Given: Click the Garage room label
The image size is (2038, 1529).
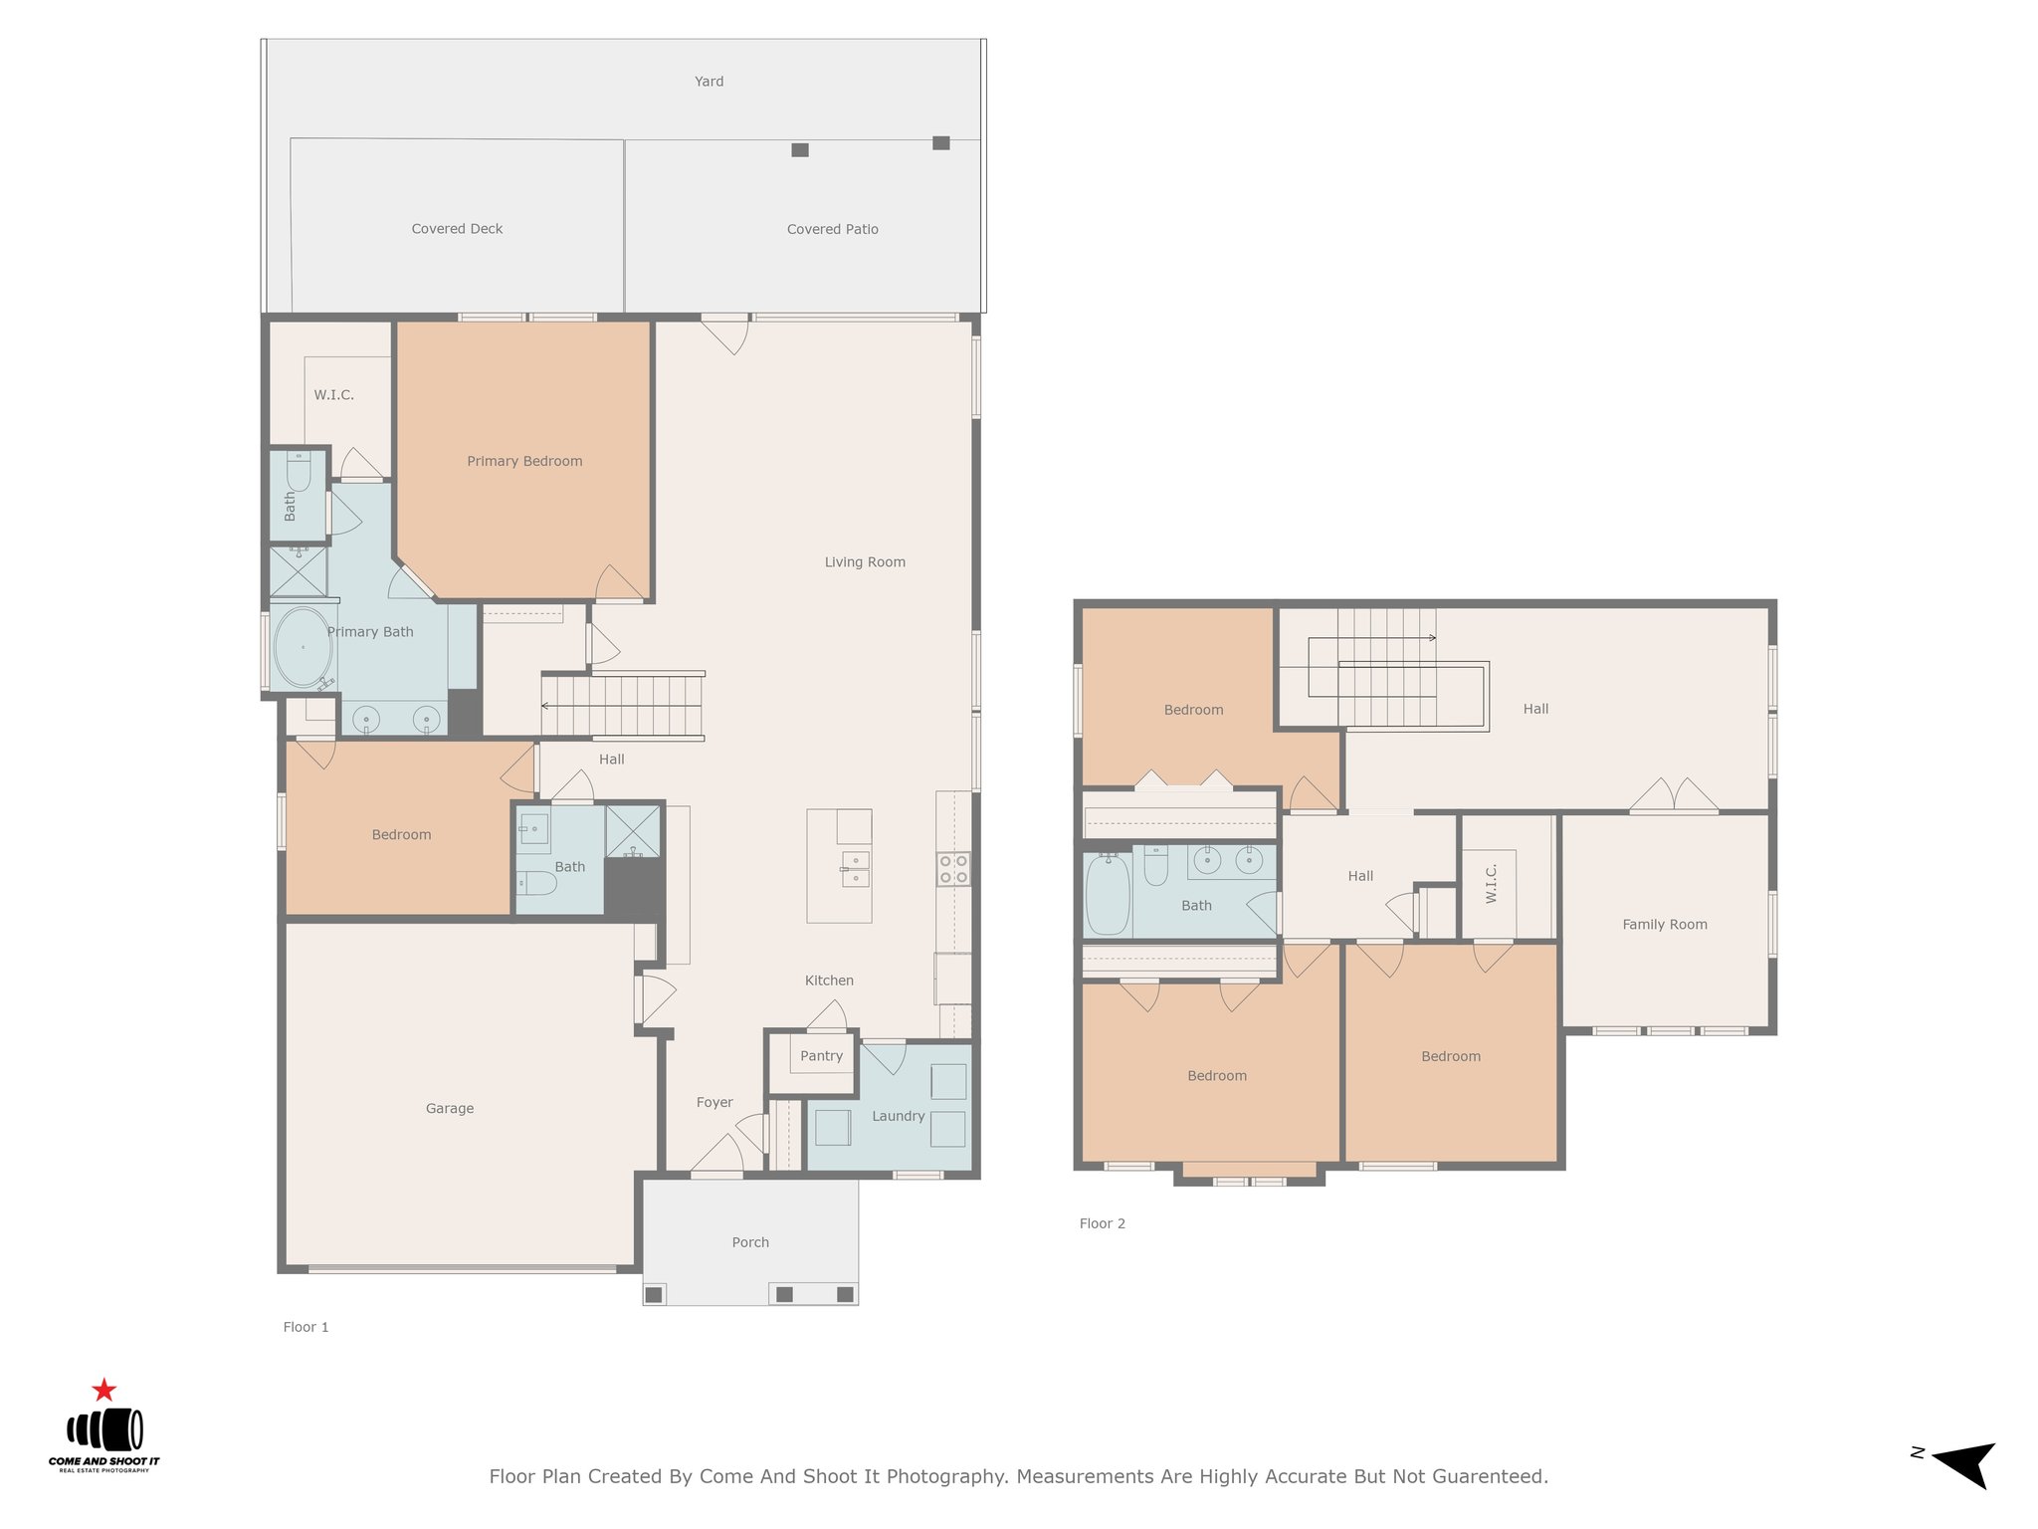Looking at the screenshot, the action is click(x=450, y=1108).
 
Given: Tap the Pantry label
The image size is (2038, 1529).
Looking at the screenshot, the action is click(x=821, y=1056).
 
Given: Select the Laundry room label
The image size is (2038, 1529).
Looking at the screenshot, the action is click(x=899, y=1116).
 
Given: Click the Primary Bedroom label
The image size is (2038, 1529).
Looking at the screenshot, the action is click(x=524, y=461).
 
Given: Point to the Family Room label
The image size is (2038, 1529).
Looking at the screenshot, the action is click(x=1665, y=925).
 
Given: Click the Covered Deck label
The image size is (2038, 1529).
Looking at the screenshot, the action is click(x=457, y=229).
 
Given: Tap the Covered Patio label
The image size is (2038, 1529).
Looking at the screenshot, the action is click(x=833, y=229).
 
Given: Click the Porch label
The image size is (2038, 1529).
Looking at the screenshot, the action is click(x=750, y=1242).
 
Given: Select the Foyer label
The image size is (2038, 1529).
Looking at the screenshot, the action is click(x=714, y=1102).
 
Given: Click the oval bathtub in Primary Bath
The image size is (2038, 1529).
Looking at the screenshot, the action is click(x=303, y=648).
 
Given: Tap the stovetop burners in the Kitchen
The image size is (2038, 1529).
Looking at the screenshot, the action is click(x=952, y=869).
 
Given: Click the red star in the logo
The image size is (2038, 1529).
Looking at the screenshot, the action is click(x=103, y=1390).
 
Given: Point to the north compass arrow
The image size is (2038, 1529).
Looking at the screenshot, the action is click(x=1964, y=1463).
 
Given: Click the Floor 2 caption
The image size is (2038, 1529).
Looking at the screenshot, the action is click(x=1103, y=1223).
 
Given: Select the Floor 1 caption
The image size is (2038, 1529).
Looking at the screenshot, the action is click(x=306, y=1327).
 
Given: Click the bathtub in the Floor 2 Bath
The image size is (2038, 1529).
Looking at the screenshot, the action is click(x=1108, y=893).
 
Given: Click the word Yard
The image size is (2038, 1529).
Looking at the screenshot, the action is click(x=709, y=82).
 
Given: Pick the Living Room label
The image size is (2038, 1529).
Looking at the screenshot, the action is click(x=865, y=562).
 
